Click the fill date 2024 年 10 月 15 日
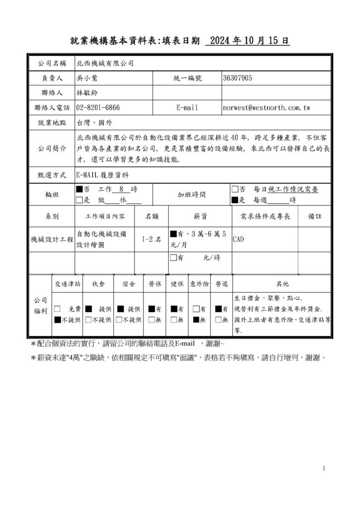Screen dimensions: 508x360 pos(247,41)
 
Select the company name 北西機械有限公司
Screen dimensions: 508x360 pos(105,63)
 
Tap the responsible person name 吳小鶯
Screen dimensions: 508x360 pos(88,78)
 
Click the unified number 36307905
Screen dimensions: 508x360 pos(238,78)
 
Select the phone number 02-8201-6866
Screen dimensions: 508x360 pos(98,107)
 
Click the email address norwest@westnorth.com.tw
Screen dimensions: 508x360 pos(267,107)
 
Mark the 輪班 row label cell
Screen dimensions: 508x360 pos(51,195)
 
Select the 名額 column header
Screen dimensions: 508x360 pos(151,216)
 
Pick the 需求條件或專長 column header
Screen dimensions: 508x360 pos(265,216)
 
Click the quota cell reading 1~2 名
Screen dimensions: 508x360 pos(151,239)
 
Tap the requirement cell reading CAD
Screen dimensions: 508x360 pos(238,239)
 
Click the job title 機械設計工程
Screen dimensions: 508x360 pos(52,240)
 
